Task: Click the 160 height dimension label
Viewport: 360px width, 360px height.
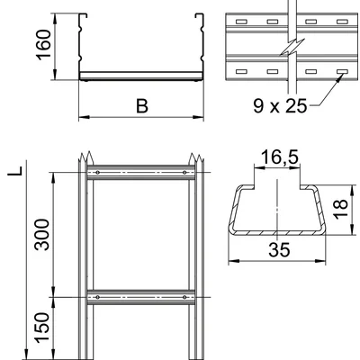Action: tap(43, 45)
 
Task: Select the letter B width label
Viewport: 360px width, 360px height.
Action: tap(142, 106)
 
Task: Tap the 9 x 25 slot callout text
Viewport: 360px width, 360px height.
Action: tap(280, 106)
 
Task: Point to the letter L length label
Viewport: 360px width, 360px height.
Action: tap(16, 170)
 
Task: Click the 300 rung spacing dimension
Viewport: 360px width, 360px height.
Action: tap(41, 235)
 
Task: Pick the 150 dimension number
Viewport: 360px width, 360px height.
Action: tap(41, 328)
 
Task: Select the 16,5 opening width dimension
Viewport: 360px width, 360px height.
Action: tap(280, 157)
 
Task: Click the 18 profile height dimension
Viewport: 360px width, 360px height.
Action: tap(340, 209)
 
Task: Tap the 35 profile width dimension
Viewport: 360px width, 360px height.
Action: tap(279, 250)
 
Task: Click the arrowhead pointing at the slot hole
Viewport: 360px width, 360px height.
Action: tap(340, 77)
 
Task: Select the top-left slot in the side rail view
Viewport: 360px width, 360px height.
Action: tap(241, 22)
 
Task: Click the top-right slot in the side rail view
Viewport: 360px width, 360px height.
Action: tap(342, 22)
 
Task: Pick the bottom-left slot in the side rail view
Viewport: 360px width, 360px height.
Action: tap(241, 72)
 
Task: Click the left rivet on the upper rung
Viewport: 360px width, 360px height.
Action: tap(97, 173)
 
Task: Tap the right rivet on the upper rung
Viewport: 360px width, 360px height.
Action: tap(184, 173)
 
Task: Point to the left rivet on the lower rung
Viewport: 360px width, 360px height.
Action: tap(97, 297)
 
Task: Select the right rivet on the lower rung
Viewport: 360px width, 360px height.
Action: tap(184, 297)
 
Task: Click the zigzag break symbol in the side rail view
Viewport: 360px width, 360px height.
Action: tap(292, 47)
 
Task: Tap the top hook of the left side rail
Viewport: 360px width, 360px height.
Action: tap(83, 15)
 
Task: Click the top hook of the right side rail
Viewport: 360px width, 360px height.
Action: tap(199, 15)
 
